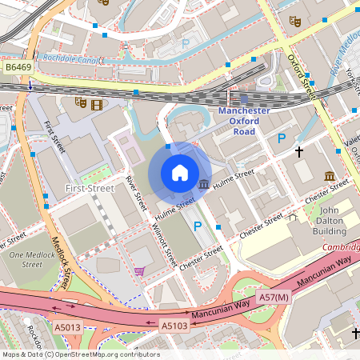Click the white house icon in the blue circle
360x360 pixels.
(x=180, y=172)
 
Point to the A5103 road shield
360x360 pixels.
(x=175, y=326)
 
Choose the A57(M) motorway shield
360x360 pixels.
(x=273, y=297)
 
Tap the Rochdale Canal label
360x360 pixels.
(x=74, y=58)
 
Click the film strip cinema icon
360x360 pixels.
(x=97, y=103)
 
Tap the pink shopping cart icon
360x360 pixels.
(x=140, y=271)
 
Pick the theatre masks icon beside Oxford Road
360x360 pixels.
(x=294, y=22)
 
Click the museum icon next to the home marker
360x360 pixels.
(x=203, y=186)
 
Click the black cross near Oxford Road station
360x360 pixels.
(x=299, y=150)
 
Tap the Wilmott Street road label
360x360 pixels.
(x=163, y=243)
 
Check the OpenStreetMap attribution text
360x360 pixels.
(x=81, y=354)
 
